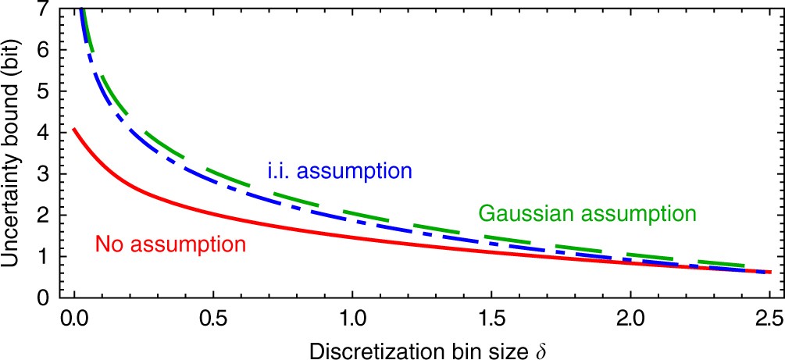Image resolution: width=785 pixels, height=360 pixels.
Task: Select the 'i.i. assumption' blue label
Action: pos(335,171)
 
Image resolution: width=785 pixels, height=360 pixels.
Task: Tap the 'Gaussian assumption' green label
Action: pos(586,212)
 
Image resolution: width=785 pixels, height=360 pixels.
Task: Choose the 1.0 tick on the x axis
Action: pos(352,319)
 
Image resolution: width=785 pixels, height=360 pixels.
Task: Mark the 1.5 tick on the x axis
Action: pos(491,319)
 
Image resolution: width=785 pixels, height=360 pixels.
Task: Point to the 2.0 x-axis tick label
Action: pos(631,319)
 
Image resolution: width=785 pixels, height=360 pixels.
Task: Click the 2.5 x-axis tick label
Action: pos(769,319)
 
